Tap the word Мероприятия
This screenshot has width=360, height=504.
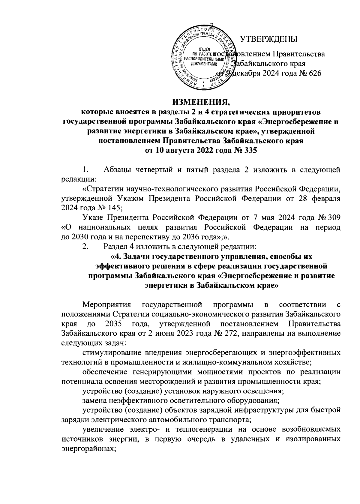pyautogui.click(x=107, y=305)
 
